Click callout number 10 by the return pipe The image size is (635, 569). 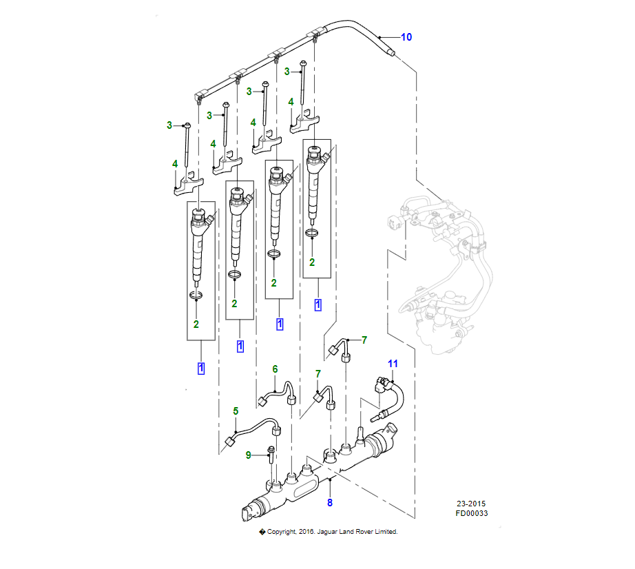point(406,37)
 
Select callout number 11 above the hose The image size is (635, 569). point(393,363)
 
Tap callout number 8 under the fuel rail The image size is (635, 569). point(330,502)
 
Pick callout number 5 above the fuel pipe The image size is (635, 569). point(236,411)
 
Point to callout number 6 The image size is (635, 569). point(275,369)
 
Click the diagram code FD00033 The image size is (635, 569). point(471,513)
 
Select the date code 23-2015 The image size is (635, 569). point(471,504)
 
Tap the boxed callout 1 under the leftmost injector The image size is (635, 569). point(201,368)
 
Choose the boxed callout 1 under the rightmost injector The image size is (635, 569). point(317,304)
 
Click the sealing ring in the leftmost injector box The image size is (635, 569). point(197,296)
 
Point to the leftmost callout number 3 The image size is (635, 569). point(169,125)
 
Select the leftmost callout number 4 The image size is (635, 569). point(175,164)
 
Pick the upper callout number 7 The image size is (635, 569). point(364,340)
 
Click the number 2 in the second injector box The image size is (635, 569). point(235,304)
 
